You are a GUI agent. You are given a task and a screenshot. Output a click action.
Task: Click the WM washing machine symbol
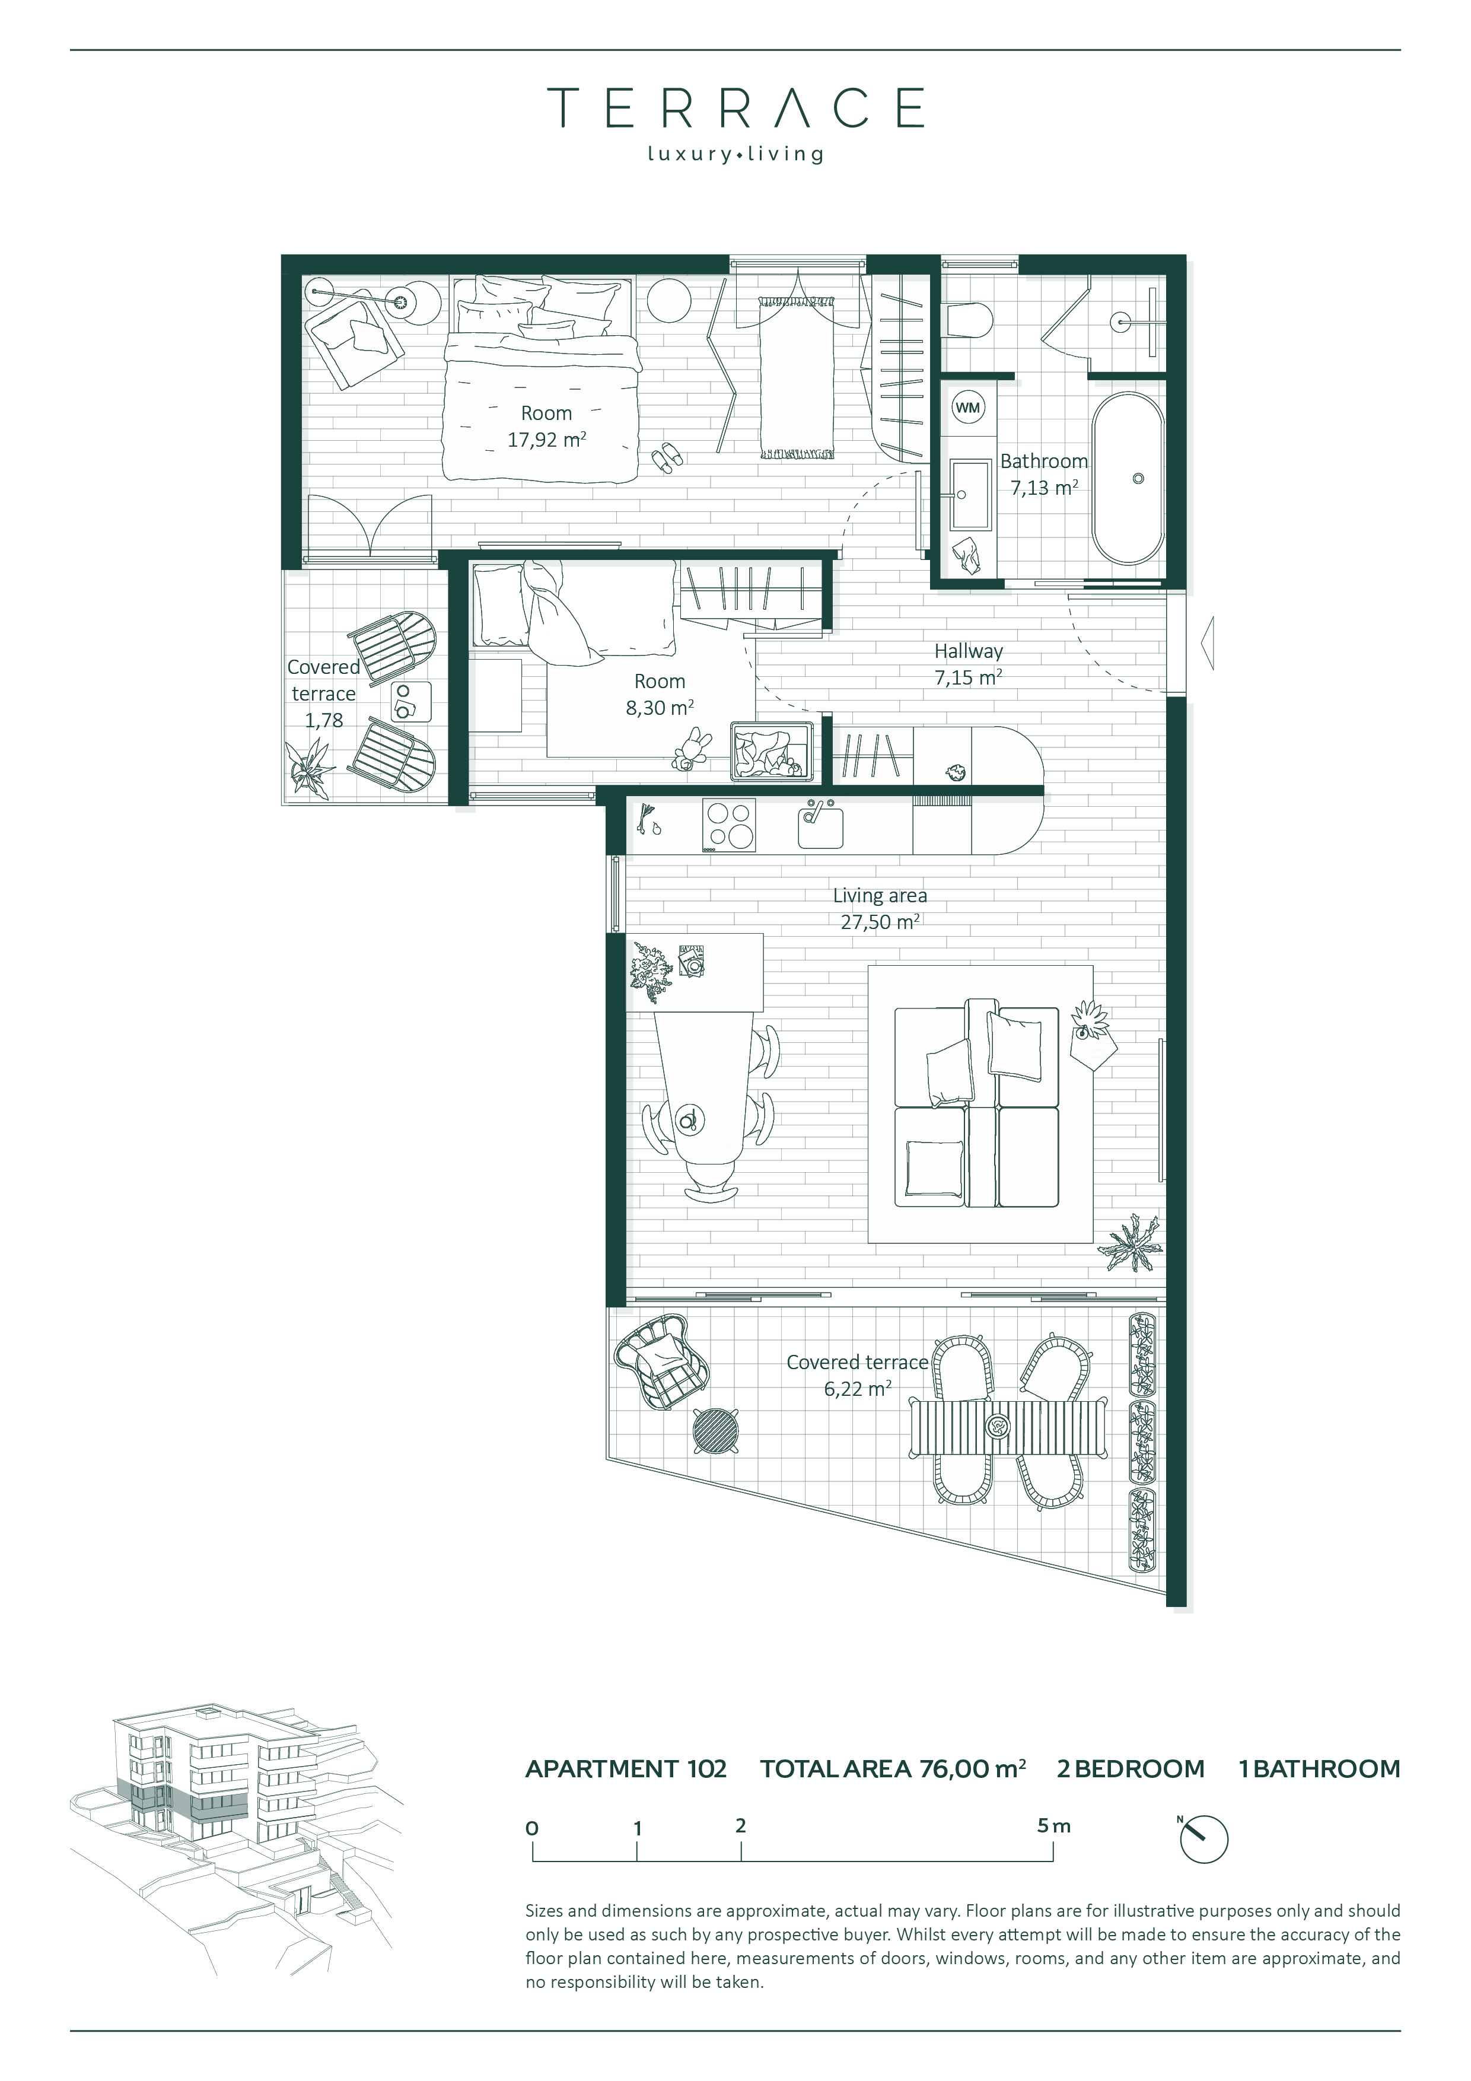968,408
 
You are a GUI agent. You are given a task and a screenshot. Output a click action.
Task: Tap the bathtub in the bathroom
1128,479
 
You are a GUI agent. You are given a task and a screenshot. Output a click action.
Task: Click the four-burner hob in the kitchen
730,825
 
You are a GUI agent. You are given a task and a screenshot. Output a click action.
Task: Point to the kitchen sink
820,825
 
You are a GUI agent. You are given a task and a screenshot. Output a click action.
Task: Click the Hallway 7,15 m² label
969,663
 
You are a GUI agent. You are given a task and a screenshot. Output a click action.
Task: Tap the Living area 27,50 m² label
880,908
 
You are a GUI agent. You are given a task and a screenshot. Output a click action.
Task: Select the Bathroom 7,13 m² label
1044,474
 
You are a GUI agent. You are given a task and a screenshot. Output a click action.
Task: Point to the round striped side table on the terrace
715,1431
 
